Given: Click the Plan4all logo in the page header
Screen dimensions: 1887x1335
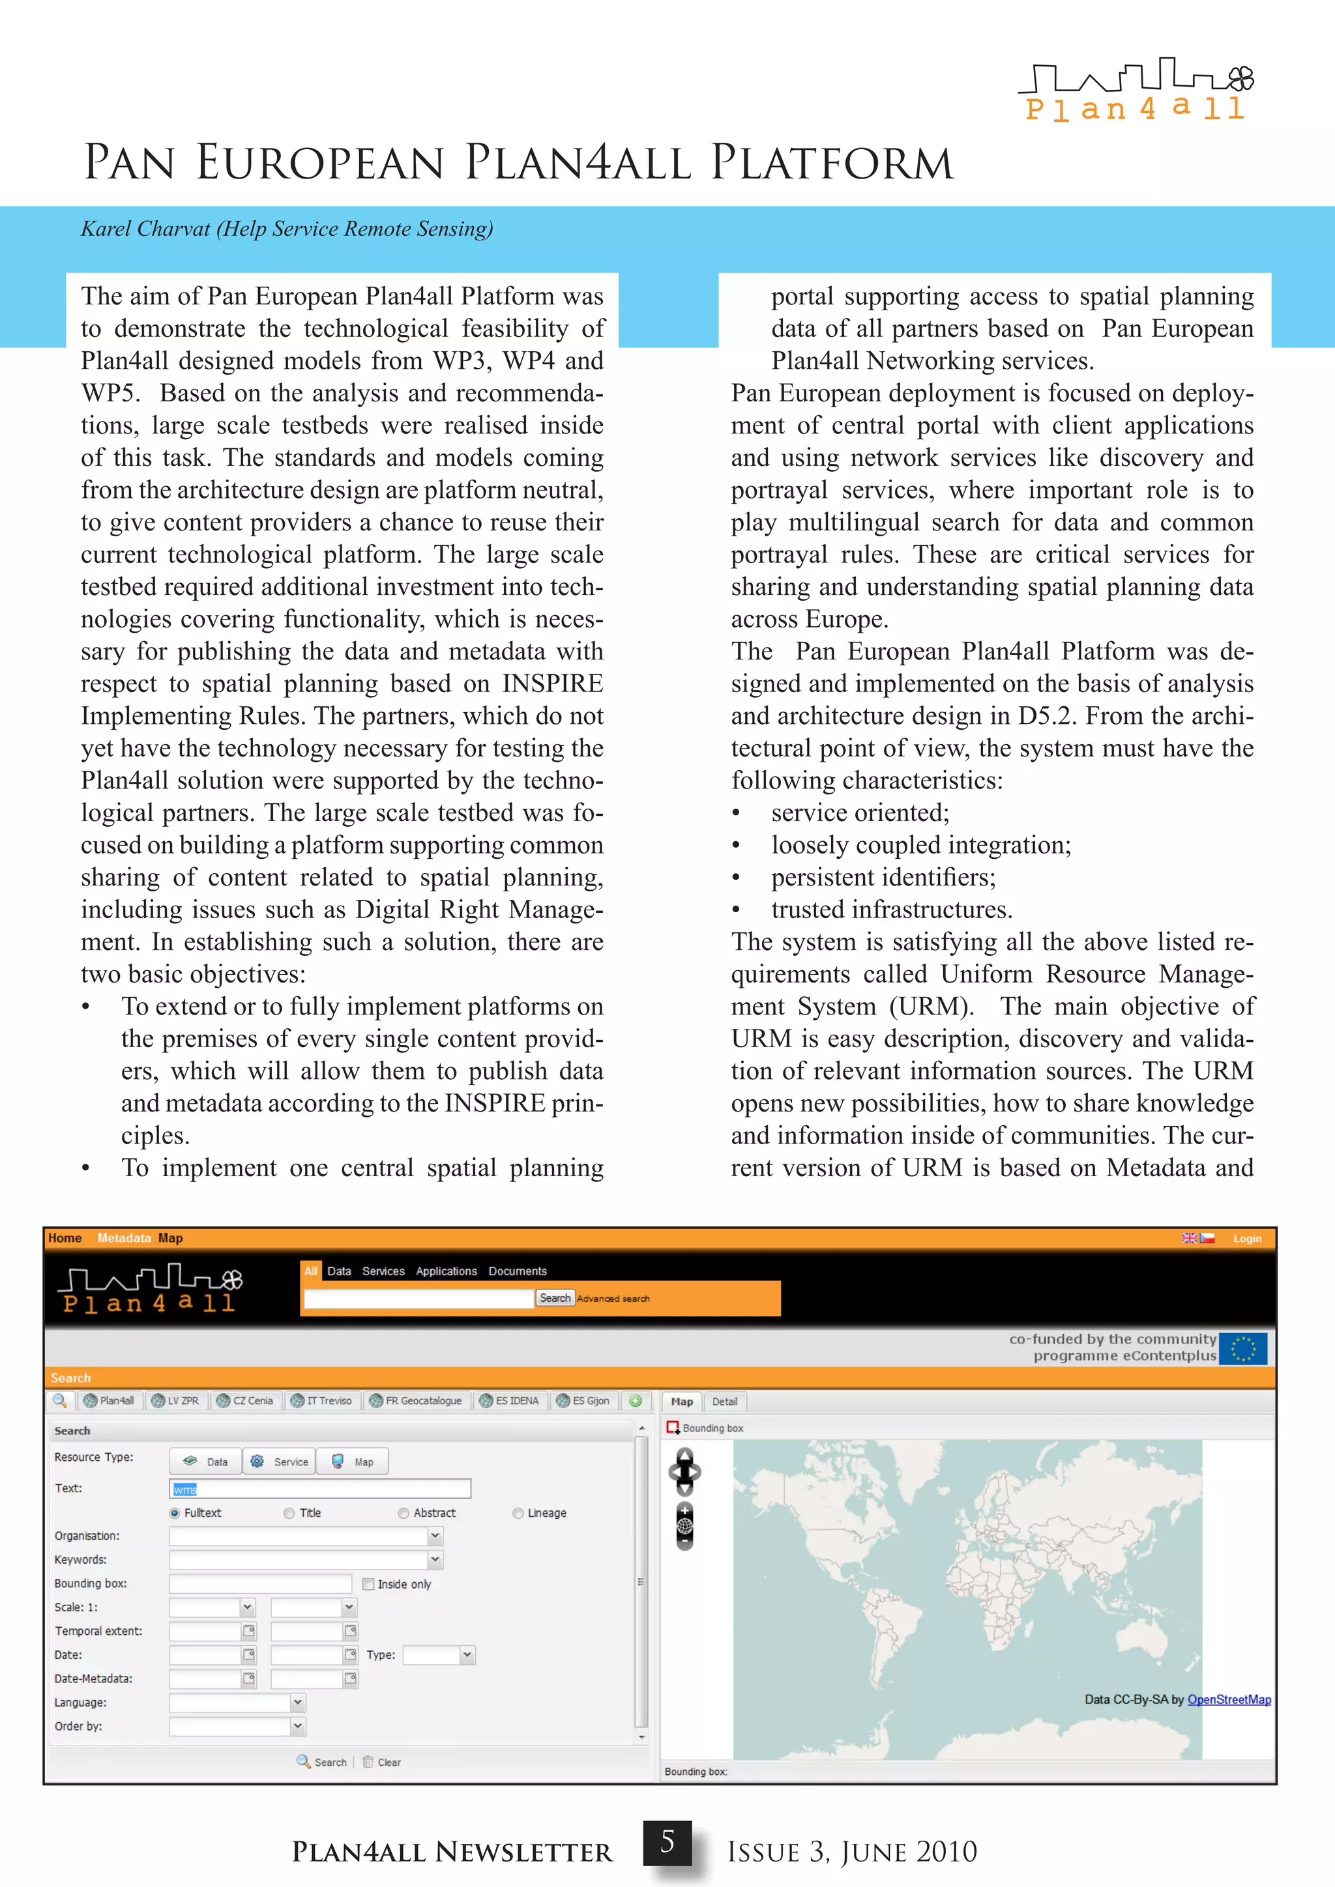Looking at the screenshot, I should pyautogui.click(x=1136, y=89).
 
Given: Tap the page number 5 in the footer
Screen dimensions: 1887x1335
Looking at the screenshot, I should pyautogui.click(x=667, y=1841).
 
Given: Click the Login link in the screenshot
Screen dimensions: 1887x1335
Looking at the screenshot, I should pyautogui.click(x=1246, y=1239).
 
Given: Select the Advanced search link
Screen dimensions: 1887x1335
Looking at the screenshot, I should pyautogui.click(x=613, y=1299).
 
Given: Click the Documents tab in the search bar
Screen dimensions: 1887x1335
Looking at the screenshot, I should pyautogui.click(x=517, y=1271).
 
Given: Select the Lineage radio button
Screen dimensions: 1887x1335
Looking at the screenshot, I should pyautogui.click(x=518, y=1513).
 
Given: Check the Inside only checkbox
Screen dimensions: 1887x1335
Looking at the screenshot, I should pyautogui.click(x=368, y=1584).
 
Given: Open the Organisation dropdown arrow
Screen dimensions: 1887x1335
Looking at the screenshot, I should pyautogui.click(x=435, y=1535).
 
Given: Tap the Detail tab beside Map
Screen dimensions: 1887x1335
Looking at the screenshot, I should pyautogui.click(x=724, y=1402).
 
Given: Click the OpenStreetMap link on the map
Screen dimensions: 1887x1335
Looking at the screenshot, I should pyautogui.click(x=1228, y=1699).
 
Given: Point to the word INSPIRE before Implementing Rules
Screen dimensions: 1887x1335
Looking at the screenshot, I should pyautogui.click(x=552, y=684).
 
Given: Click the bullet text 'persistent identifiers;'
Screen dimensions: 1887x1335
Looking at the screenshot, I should pyautogui.click(x=883, y=878).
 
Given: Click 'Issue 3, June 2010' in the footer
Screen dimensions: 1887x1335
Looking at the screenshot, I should pyautogui.click(x=851, y=1852).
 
